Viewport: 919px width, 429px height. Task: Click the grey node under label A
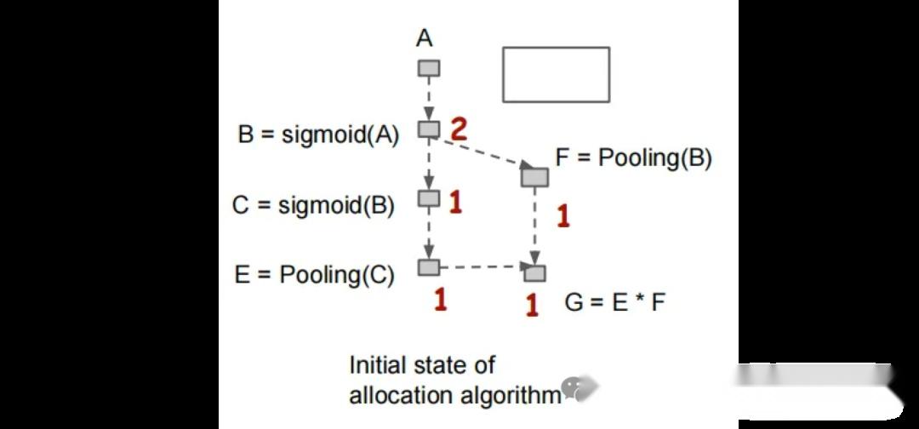point(429,68)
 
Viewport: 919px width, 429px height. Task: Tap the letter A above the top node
point(425,37)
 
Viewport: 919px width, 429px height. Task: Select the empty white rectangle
point(556,75)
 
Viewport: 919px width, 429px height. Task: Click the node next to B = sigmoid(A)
point(429,129)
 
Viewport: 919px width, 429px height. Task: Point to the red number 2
point(459,129)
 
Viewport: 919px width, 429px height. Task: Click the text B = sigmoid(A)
point(318,134)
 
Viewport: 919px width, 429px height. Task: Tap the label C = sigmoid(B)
point(313,206)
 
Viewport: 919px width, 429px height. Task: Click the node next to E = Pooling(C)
point(429,268)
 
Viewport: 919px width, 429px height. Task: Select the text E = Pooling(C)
point(314,275)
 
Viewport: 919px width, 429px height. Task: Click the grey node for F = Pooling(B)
point(534,176)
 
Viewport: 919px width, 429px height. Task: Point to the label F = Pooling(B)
point(633,157)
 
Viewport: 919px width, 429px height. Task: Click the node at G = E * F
point(534,273)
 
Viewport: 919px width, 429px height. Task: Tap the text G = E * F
point(614,302)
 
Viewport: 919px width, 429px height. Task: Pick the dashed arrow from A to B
point(429,99)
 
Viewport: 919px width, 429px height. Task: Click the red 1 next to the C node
point(455,203)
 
